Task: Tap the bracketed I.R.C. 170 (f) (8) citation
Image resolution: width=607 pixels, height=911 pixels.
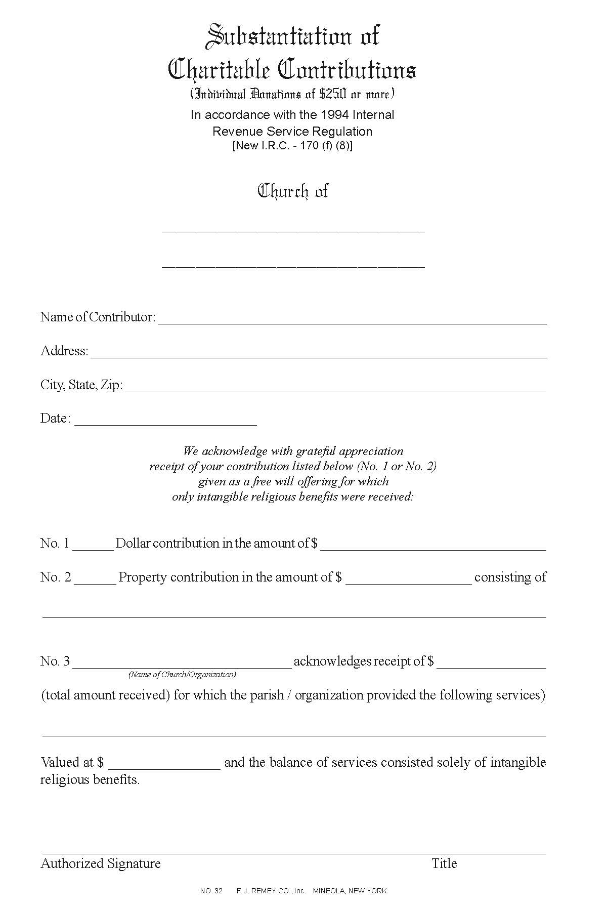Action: [x=292, y=146]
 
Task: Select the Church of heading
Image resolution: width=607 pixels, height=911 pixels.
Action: [x=293, y=191]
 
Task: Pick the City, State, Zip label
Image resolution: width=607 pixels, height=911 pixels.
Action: [x=81, y=385]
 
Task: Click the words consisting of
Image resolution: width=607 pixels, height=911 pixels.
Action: [x=510, y=577]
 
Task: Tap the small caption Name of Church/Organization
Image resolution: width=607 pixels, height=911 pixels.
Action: [x=182, y=675]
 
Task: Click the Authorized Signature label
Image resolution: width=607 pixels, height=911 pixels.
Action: [x=101, y=863]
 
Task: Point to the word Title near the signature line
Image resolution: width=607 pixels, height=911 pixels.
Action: [x=444, y=863]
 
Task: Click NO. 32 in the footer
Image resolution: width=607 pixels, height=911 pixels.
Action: [x=211, y=891]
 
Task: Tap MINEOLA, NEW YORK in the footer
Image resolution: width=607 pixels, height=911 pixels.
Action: [x=350, y=891]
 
